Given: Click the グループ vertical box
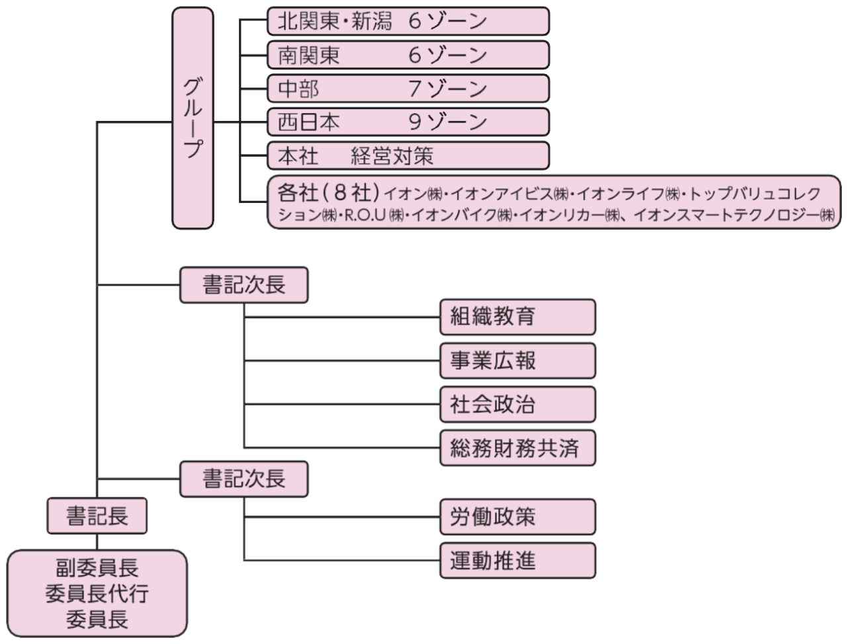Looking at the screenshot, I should point(193,118).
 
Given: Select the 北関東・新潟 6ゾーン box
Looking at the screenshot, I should point(408,21).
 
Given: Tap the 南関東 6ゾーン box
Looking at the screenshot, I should point(408,55).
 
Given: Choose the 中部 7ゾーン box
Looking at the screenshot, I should point(408,89).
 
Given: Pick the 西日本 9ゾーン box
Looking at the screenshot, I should point(408,122).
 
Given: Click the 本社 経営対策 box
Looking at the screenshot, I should point(408,156).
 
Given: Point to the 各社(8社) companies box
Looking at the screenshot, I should point(555,203).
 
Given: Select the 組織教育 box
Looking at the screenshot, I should point(517,317).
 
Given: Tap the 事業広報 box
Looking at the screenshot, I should point(517,361).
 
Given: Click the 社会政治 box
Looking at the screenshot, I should point(517,405).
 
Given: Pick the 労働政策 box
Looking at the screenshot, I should point(517,516).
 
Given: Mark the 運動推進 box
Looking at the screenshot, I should point(517,561).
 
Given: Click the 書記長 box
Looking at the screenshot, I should point(97,515).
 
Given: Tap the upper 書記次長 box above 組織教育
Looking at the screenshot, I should point(244,285).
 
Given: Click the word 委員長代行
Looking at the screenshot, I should point(97,594).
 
